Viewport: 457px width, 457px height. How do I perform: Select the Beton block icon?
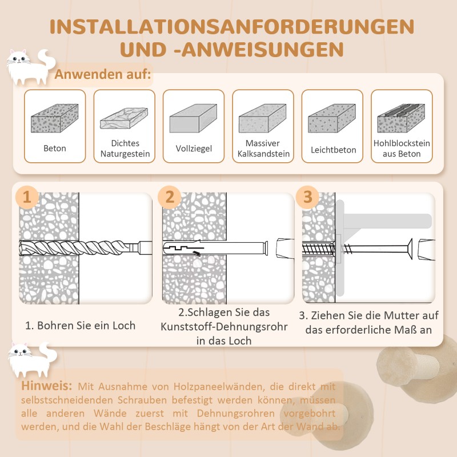[x=54, y=118]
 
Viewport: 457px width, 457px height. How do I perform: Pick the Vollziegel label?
[x=194, y=149]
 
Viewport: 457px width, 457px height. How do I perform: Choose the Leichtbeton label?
[x=333, y=150]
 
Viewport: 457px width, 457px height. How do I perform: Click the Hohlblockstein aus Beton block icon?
[x=402, y=118]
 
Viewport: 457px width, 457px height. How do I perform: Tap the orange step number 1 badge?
[x=27, y=198]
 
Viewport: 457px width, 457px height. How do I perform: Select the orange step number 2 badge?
[x=170, y=198]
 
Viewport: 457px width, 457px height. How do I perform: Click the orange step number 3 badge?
[x=308, y=198]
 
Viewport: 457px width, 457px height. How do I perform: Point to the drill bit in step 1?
[x=80, y=249]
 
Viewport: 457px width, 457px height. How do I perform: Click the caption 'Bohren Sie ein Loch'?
[x=80, y=326]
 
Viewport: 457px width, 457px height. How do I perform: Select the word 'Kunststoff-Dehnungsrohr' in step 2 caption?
[x=224, y=327]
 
